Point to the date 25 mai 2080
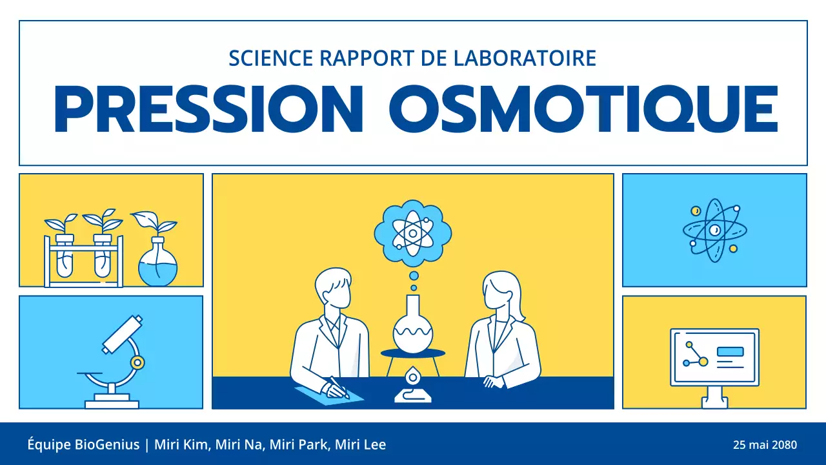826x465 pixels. coord(765,445)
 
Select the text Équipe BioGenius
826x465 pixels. coord(83,445)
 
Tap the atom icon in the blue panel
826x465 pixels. coord(714,231)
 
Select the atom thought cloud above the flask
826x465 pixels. coord(413,233)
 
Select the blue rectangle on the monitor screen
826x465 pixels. coord(730,352)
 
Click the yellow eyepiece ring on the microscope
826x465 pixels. coord(137,362)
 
